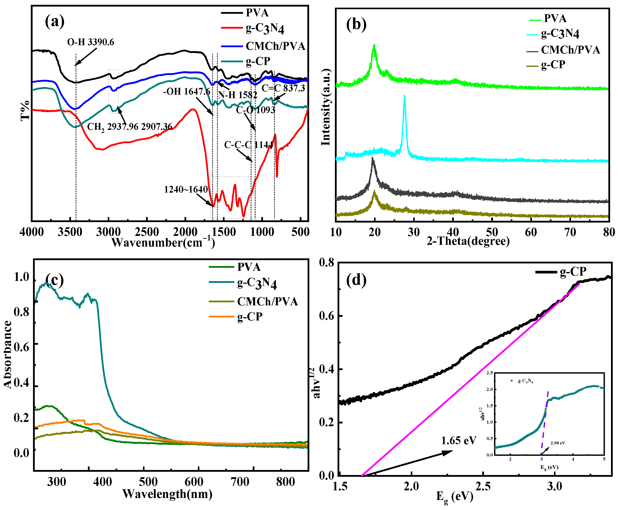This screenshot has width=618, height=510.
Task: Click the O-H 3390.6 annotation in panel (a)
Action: [x=91, y=42]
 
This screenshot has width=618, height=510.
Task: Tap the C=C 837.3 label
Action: [x=283, y=88]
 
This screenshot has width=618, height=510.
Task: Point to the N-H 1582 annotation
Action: [x=237, y=95]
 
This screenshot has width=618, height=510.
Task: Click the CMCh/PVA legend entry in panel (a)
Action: [x=275, y=46]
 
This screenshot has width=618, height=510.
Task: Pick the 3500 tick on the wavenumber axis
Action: [x=70, y=232]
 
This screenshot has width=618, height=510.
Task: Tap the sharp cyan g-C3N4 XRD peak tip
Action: [x=404, y=96]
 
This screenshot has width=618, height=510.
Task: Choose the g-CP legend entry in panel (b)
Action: [x=553, y=64]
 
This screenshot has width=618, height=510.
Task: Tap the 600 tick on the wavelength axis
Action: [x=194, y=482]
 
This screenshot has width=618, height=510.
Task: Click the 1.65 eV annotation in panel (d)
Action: [x=458, y=441]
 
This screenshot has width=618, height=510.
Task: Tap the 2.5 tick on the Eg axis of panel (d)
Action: [x=483, y=486]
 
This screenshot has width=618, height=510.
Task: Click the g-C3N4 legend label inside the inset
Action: [x=526, y=381]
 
